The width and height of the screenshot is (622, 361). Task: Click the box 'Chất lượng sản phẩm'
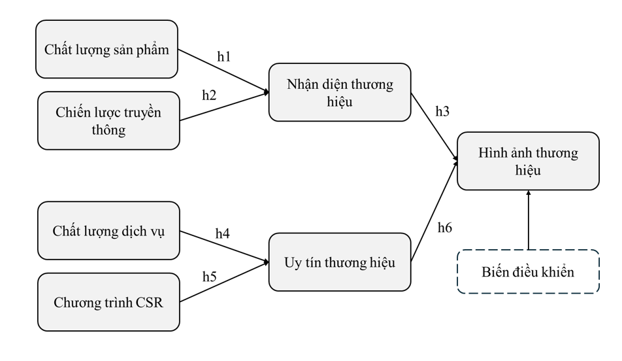pos(108,49)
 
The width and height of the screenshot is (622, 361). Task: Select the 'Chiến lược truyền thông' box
pos(108,120)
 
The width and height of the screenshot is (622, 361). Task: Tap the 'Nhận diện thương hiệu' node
pos(340,92)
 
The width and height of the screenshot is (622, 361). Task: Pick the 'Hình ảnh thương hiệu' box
pos(528,161)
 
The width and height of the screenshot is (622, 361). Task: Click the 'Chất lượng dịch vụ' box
pos(108,230)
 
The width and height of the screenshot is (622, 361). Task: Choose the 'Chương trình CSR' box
pos(108,301)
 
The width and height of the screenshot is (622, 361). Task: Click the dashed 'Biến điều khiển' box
pos(528,271)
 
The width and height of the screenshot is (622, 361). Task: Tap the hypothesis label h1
pos(224,57)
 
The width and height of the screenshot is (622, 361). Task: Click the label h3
pos(443,111)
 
